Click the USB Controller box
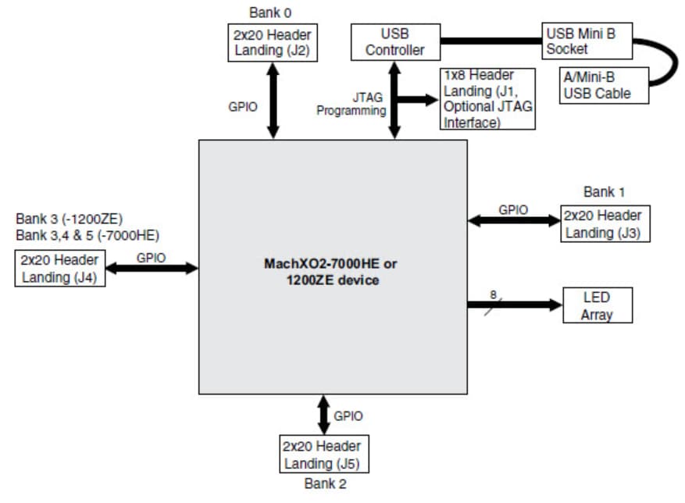point(395,42)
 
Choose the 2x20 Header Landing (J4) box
point(59,268)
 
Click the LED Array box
point(597,305)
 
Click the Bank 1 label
point(604,191)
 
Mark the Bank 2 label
point(324,484)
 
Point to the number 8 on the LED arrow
point(493,294)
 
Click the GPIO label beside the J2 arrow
point(243,108)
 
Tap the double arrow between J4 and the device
point(152,269)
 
